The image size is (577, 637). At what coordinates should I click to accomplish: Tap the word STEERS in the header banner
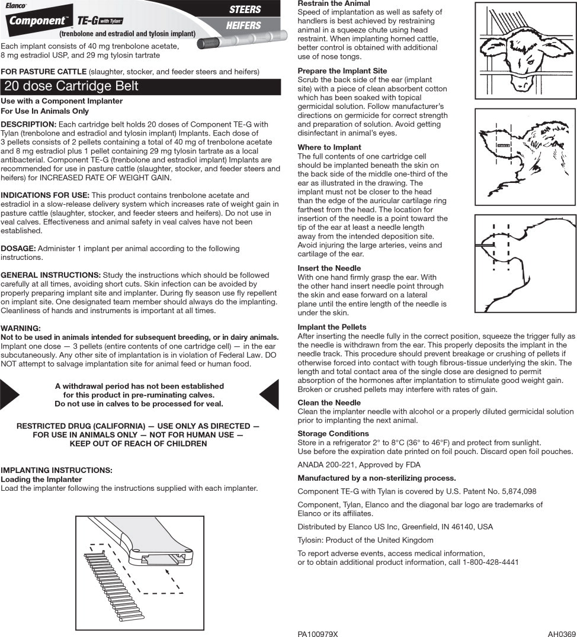[x=245, y=9]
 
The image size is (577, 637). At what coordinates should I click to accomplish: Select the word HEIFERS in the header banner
[x=243, y=26]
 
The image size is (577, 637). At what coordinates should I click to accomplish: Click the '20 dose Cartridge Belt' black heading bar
[x=140, y=86]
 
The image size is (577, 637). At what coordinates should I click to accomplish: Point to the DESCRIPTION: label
[x=28, y=124]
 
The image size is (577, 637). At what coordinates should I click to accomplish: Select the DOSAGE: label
[x=20, y=249]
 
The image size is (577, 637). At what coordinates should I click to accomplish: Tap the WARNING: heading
[x=21, y=329]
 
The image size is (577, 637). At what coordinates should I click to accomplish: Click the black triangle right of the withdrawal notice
[x=270, y=394]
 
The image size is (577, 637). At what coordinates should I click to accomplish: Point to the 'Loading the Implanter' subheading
[x=41, y=480]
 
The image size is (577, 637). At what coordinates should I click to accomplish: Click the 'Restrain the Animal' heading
[x=334, y=4]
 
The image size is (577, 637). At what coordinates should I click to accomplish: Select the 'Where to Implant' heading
[x=329, y=147]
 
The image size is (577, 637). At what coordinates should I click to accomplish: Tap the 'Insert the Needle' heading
[x=329, y=268]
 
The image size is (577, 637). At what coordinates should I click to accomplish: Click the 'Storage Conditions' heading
[x=333, y=434]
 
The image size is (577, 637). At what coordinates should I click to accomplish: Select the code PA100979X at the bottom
[x=318, y=633]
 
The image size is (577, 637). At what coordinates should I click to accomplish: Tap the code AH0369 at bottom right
[x=562, y=633]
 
